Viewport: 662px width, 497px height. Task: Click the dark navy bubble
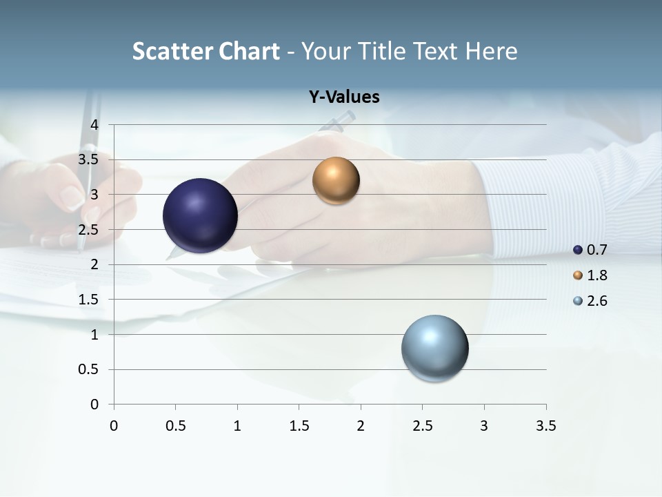pos(201,215)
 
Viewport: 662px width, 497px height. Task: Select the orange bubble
pos(336,180)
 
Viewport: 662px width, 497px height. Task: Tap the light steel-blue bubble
pos(435,348)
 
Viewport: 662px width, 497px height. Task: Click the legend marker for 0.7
pos(578,250)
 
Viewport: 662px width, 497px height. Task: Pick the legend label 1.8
pos(597,275)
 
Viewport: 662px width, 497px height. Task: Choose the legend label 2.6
pos(597,301)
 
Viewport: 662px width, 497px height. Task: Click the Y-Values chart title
pos(344,97)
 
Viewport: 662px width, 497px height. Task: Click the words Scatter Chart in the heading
pos(205,51)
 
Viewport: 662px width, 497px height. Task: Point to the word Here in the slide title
pos(491,51)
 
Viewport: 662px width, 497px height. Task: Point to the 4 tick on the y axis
pos(95,125)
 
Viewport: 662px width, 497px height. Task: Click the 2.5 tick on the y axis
pos(90,230)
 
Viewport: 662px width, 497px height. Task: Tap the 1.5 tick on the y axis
pos(90,300)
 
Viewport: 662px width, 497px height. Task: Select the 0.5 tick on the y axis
pos(90,369)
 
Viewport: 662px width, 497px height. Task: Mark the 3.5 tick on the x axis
pos(545,426)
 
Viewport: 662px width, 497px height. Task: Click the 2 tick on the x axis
pos(361,426)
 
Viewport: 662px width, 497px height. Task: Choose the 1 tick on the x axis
pos(237,426)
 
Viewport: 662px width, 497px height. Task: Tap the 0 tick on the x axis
pos(114,426)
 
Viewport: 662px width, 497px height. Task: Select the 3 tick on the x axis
pos(484,426)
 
